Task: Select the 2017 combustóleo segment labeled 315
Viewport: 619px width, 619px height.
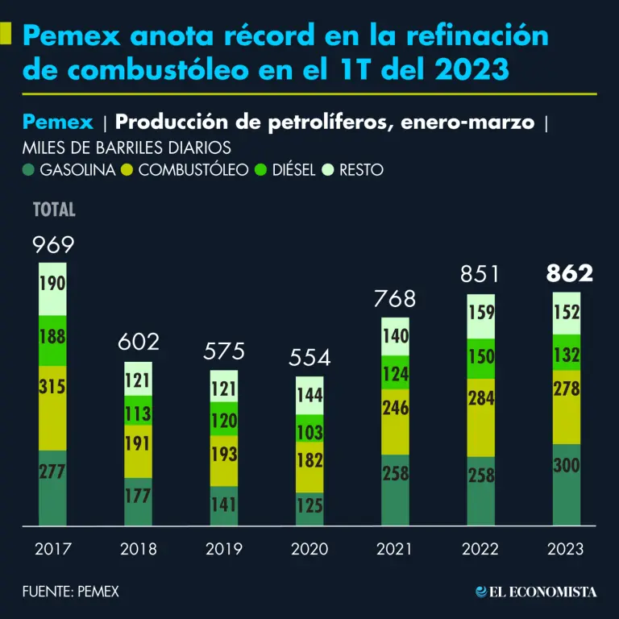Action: pyautogui.click(x=52, y=408)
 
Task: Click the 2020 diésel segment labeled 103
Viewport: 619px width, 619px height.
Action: pyautogui.click(x=309, y=427)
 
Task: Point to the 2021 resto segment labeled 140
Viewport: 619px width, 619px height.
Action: pyautogui.click(x=396, y=337)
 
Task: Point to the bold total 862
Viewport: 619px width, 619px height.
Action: pyautogui.click(x=569, y=274)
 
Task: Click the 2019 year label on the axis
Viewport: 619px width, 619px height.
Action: pyautogui.click(x=224, y=550)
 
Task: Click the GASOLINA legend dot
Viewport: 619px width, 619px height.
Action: pyautogui.click(x=28, y=170)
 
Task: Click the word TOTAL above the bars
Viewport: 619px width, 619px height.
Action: pyautogui.click(x=54, y=210)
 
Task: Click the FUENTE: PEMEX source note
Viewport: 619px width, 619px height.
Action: pyautogui.click(x=71, y=592)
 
